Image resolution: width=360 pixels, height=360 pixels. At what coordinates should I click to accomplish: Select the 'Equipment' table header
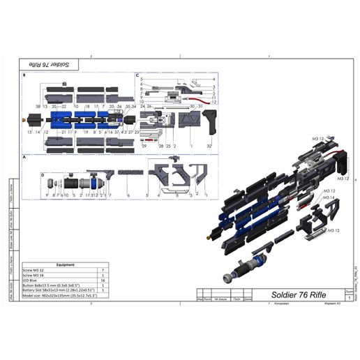(66, 265)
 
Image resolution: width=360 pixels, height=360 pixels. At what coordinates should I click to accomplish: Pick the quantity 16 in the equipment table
(103, 278)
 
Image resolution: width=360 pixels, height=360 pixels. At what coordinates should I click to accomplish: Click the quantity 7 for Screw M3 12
(103, 269)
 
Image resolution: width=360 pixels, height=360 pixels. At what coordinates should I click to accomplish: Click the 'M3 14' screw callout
(328, 198)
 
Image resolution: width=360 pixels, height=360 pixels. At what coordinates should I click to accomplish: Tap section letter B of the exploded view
(24, 75)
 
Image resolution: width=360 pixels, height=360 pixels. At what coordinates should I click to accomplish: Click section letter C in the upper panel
(137, 75)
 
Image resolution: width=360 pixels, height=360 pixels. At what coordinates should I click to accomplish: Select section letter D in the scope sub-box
(43, 174)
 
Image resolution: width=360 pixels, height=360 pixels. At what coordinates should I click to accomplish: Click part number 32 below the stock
(209, 145)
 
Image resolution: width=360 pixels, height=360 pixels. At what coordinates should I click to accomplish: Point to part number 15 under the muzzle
(30, 132)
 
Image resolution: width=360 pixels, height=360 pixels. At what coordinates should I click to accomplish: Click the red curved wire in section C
(197, 99)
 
